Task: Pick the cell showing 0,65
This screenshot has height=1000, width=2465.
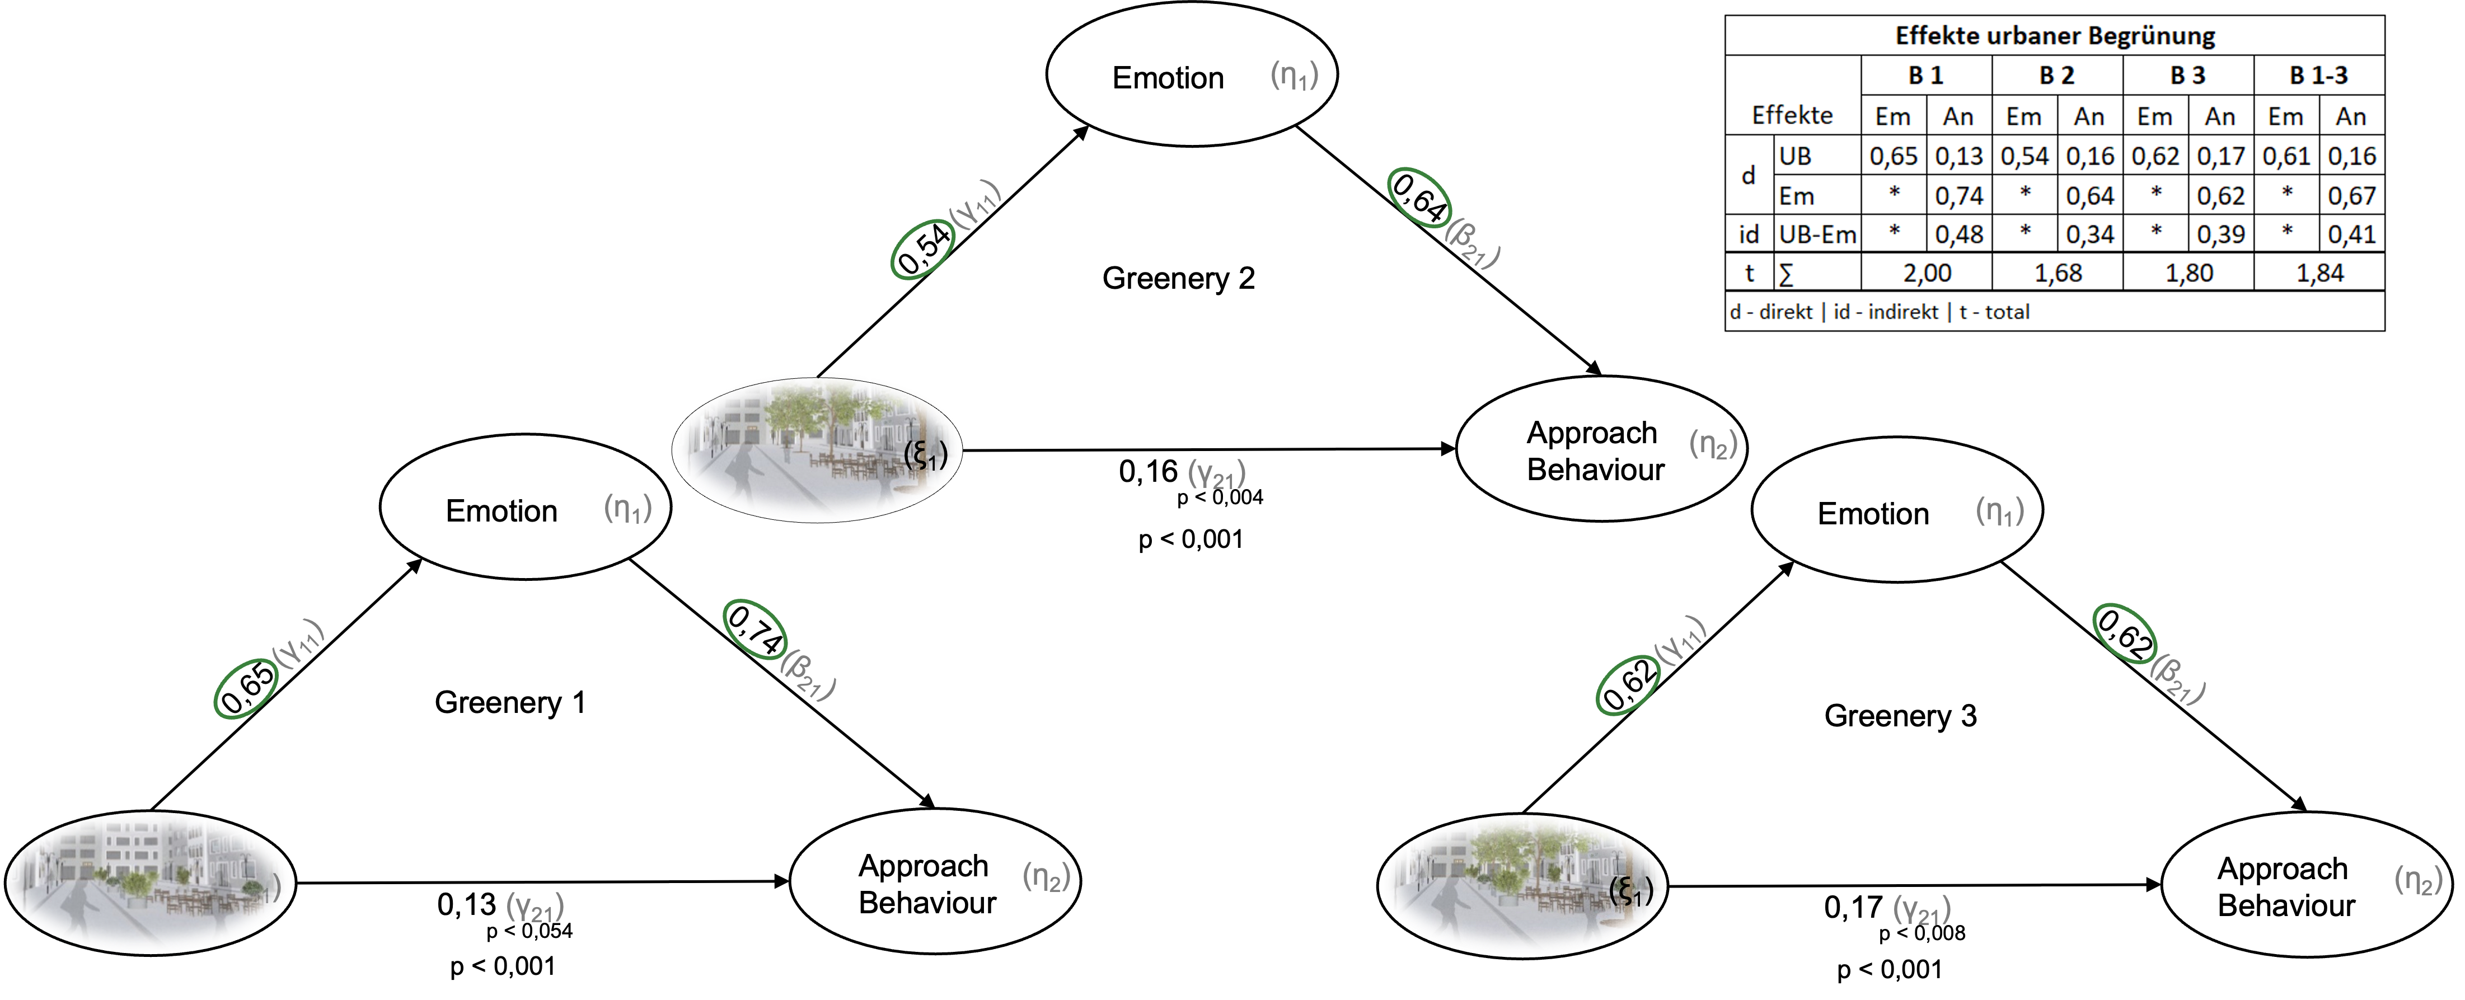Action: [1893, 156]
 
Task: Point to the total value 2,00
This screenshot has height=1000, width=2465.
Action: [1926, 273]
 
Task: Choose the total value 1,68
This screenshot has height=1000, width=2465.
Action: [2058, 273]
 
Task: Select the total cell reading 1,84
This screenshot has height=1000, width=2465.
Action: [2319, 273]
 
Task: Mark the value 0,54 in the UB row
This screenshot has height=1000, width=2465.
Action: [2024, 156]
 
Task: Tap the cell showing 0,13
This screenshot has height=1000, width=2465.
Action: [1959, 156]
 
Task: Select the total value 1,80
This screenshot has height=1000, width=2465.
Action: [2188, 273]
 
